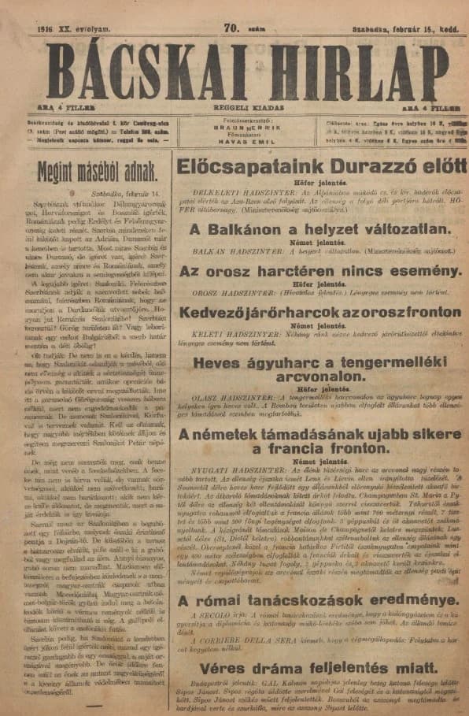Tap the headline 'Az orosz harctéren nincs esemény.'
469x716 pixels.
tap(319, 271)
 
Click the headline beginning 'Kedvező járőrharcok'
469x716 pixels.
tap(319, 312)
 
